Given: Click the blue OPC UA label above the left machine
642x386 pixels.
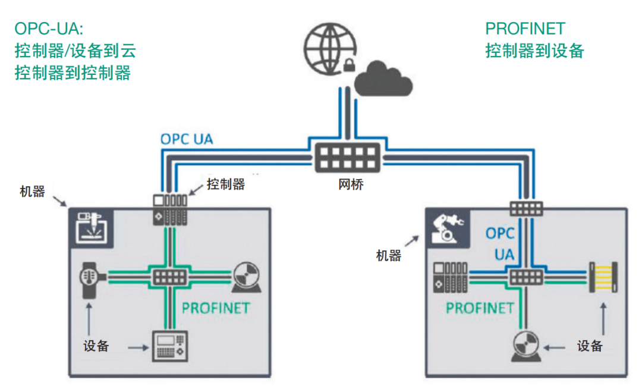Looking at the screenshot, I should pos(187,140).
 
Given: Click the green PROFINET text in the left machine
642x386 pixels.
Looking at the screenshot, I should pos(216,308).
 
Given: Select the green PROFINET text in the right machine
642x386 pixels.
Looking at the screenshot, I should pos(480,308).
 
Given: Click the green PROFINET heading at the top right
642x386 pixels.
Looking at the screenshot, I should pos(525,29).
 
